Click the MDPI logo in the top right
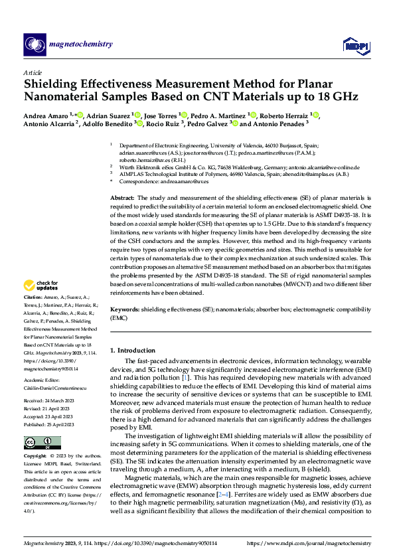coord(353,45)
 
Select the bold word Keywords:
coord(124,309)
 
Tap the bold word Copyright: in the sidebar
coord(36,457)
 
